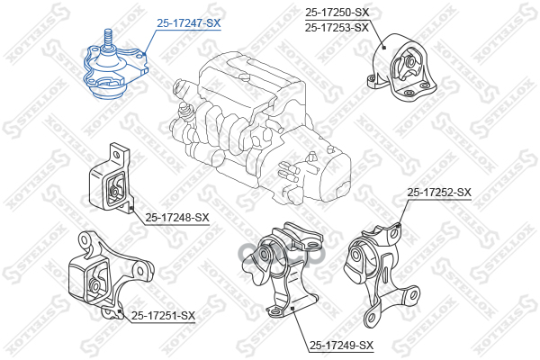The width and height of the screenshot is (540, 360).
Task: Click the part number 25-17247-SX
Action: click(x=188, y=23)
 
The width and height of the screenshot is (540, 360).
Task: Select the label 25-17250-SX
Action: click(x=337, y=12)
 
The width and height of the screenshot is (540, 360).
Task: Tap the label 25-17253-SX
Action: click(x=337, y=27)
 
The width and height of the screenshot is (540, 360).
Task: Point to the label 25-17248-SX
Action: click(x=177, y=217)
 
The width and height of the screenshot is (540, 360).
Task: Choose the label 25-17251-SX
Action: click(x=163, y=314)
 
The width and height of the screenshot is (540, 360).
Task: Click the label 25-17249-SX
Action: click(x=341, y=345)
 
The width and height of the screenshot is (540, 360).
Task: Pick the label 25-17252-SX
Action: click(x=439, y=192)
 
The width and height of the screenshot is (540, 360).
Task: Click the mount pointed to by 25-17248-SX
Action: click(x=110, y=179)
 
